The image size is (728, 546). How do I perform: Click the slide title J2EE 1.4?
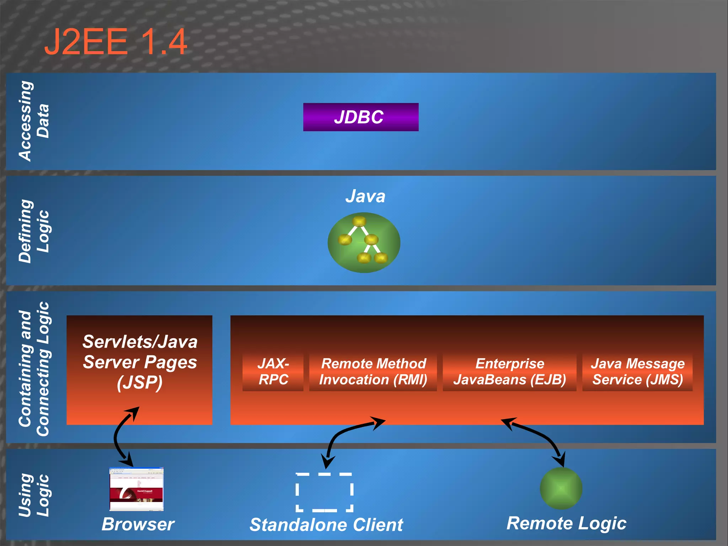coord(116,42)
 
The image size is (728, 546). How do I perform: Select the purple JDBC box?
coord(360,117)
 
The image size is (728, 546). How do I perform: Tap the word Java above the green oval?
coord(365,196)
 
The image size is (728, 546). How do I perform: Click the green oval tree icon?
coord(364,242)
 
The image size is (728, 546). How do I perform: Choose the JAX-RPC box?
coord(273,371)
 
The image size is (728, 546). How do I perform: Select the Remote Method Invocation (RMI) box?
coord(373,371)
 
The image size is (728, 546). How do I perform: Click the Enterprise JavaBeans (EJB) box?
coord(509,371)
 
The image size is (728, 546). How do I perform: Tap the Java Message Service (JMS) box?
coord(637,371)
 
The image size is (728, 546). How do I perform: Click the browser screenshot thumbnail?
coord(136,489)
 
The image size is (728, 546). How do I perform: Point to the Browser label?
coord(138,524)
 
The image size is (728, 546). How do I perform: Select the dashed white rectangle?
coord(324,492)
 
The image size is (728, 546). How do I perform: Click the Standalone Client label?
coord(326,525)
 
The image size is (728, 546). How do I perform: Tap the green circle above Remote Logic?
coord(561,488)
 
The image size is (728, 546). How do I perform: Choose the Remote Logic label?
coord(566,523)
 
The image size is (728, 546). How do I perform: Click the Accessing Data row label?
coord(34,121)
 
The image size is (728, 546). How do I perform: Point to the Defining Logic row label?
coord(34,231)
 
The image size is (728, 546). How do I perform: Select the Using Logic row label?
coord(34,495)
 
